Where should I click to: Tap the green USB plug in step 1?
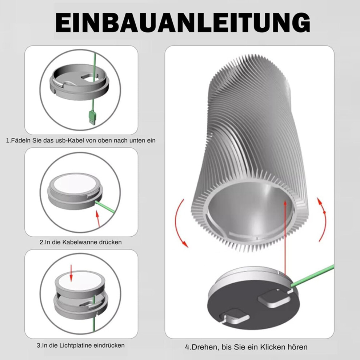point(92,117)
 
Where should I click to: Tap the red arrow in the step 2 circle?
point(98,219)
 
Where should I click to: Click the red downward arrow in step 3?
point(71,273)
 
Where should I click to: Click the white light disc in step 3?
point(80,281)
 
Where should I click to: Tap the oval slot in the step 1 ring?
point(88,77)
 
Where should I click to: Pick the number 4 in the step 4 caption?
point(187,347)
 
